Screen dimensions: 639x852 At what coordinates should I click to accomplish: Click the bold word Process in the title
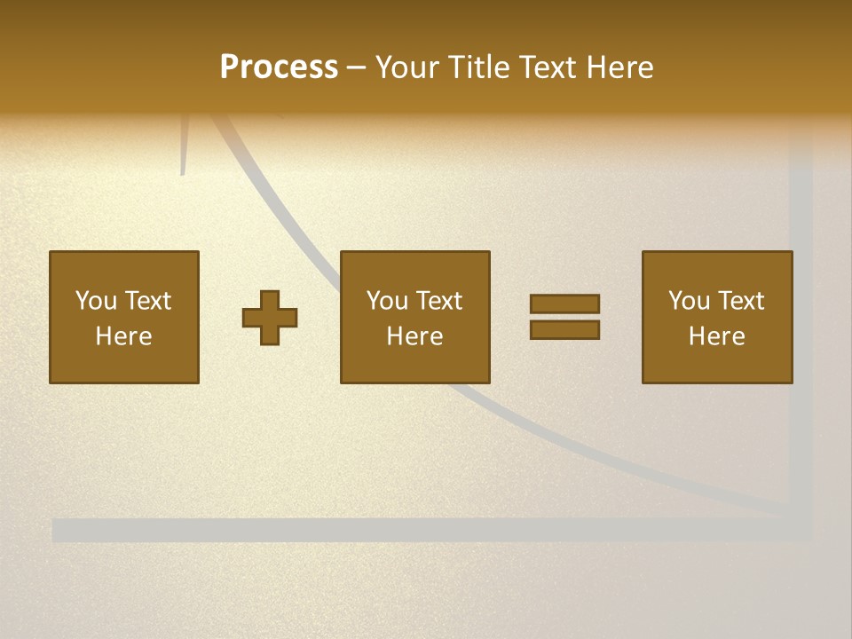279,67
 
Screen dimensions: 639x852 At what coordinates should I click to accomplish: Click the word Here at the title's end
620,67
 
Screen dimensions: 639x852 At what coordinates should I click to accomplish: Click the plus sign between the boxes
271,318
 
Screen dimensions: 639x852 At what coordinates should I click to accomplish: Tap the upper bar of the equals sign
564,304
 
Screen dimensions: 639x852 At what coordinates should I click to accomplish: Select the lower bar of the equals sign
564,330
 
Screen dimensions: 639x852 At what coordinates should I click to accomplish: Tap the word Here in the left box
124,336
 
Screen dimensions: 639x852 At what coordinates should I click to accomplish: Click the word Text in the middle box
439,300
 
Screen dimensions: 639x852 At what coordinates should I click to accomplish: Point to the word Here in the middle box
415,336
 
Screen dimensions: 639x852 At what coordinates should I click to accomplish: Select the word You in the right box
689,300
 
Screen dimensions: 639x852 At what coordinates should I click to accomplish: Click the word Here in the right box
717,336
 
